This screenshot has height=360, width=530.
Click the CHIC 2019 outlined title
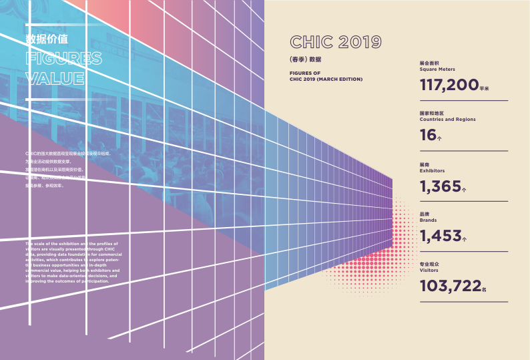click(336, 42)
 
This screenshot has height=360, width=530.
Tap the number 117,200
click(449, 85)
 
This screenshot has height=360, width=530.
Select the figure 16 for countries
click(428, 136)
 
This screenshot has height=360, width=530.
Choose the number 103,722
click(451, 286)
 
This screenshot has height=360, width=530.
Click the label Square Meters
click(438, 69)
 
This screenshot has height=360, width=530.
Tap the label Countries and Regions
click(447, 120)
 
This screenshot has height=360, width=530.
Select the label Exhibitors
click(432, 171)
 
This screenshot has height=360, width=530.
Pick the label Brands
click(429, 220)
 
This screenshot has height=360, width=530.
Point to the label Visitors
click(429, 271)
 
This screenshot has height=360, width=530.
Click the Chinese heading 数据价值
click(46, 39)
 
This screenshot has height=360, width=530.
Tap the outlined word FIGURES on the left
click(63, 58)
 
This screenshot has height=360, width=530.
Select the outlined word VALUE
click(54, 78)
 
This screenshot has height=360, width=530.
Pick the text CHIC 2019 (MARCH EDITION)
click(326, 79)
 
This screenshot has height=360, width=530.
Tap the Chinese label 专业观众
click(430, 264)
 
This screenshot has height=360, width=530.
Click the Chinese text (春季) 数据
click(306, 59)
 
